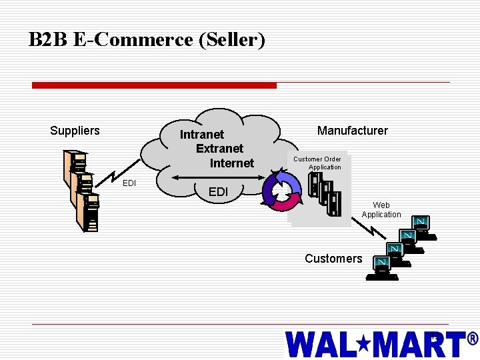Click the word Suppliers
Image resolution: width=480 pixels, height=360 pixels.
pos(75,131)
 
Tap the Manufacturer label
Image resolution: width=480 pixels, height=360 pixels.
pos(352,131)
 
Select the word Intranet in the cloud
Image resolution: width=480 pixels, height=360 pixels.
pos(202,135)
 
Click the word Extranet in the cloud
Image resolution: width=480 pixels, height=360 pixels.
pos(219,149)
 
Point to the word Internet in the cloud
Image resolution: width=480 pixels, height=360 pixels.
pos(232,163)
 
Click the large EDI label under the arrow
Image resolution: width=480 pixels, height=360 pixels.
pos(218,192)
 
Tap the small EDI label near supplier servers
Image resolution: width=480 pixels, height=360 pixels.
pos(129,183)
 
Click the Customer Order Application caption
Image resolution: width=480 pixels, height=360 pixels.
pos(318,163)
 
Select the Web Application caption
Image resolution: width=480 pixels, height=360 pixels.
pos(381,210)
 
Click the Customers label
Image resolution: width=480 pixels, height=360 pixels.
pos(333,259)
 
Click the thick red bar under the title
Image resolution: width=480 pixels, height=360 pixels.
pos(154,85)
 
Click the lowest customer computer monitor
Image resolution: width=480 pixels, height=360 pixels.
pos(382,264)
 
